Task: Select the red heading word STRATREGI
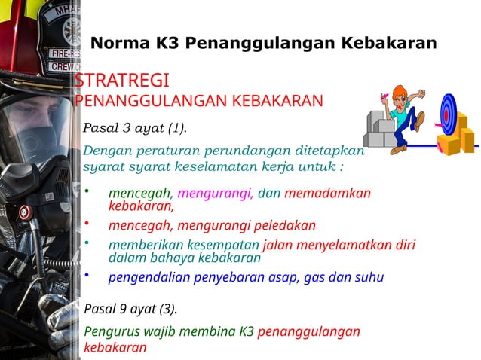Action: point(121,81)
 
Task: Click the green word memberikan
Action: point(145,245)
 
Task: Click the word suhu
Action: point(368,277)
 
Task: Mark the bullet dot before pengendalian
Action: point(87,274)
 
